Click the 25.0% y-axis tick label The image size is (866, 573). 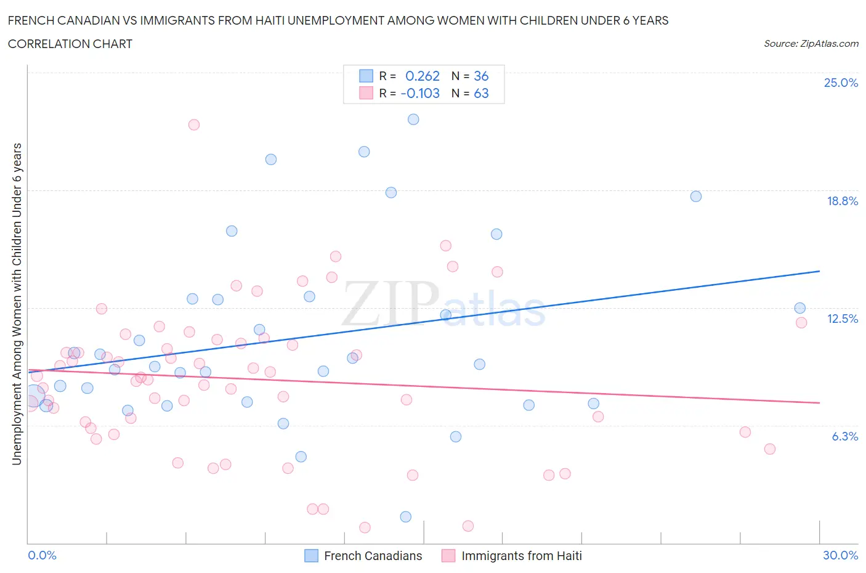click(x=841, y=83)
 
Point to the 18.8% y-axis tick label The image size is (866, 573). click(x=842, y=201)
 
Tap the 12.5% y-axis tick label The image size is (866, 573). click(x=842, y=319)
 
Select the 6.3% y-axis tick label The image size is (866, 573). click(x=844, y=436)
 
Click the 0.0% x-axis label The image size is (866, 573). click(x=42, y=555)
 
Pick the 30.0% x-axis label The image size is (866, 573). click(x=840, y=555)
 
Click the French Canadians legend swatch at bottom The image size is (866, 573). click(x=312, y=556)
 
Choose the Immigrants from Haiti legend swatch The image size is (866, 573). click(x=448, y=556)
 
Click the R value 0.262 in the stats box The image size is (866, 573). click(x=423, y=76)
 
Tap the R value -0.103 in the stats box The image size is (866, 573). click(x=420, y=93)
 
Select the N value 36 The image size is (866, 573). click(x=481, y=76)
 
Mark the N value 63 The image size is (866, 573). click(x=481, y=93)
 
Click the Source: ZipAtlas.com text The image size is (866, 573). click(x=811, y=43)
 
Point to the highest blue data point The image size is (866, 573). click(x=413, y=120)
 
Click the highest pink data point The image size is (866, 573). click(x=194, y=124)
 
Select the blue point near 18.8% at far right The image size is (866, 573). click(x=696, y=197)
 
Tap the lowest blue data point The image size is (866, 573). click(x=406, y=517)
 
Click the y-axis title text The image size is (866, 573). click(x=17, y=304)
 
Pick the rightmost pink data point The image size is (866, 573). click(x=801, y=323)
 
